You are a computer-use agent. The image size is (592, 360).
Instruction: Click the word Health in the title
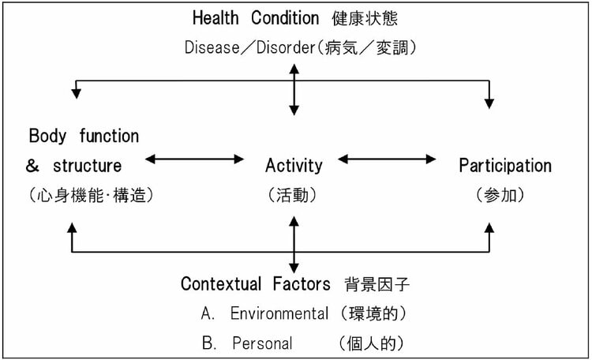pos(215,17)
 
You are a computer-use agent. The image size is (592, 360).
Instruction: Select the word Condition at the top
pos(285,17)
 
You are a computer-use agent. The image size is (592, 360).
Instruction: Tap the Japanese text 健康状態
pos(365,18)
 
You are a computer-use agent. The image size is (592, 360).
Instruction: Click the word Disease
pos(212,47)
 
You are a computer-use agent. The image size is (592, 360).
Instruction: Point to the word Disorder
pos(286,47)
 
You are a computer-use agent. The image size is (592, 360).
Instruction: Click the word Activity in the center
pos(294,166)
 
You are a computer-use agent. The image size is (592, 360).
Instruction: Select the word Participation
pos(505,166)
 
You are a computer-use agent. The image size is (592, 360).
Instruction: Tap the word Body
pos(47,136)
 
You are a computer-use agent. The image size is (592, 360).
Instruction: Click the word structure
pos(87,166)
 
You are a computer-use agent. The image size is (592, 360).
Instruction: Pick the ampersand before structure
pos(32,166)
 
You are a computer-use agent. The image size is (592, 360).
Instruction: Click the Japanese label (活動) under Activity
pos(292,195)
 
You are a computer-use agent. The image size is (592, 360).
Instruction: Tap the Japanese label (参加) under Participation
pos(500,195)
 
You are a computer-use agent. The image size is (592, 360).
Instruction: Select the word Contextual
pos(221,283)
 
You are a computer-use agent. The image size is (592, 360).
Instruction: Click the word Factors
pos(302,283)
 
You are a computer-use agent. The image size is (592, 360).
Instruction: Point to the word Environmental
pos(279,313)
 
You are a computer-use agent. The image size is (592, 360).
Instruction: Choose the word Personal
pos(262,343)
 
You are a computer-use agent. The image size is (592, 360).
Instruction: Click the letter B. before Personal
pos(209,343)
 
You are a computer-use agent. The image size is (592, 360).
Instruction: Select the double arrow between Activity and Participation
pos(387,159)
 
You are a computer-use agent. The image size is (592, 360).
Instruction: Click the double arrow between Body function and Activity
pos(194,159)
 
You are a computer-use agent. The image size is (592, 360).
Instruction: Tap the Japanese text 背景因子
pos(377,284)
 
